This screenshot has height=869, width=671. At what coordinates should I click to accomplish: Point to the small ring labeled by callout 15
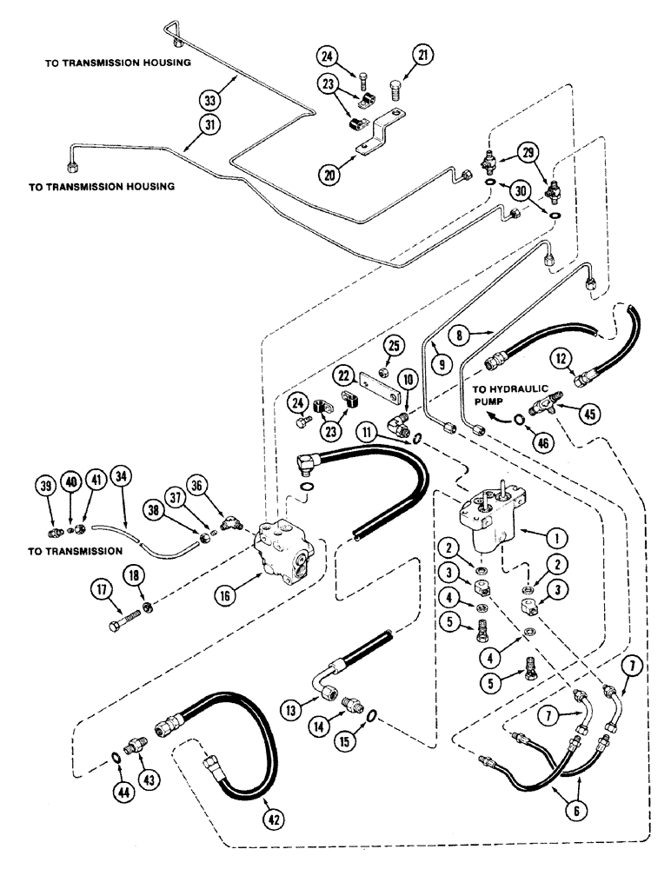[x=373, y=716]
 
